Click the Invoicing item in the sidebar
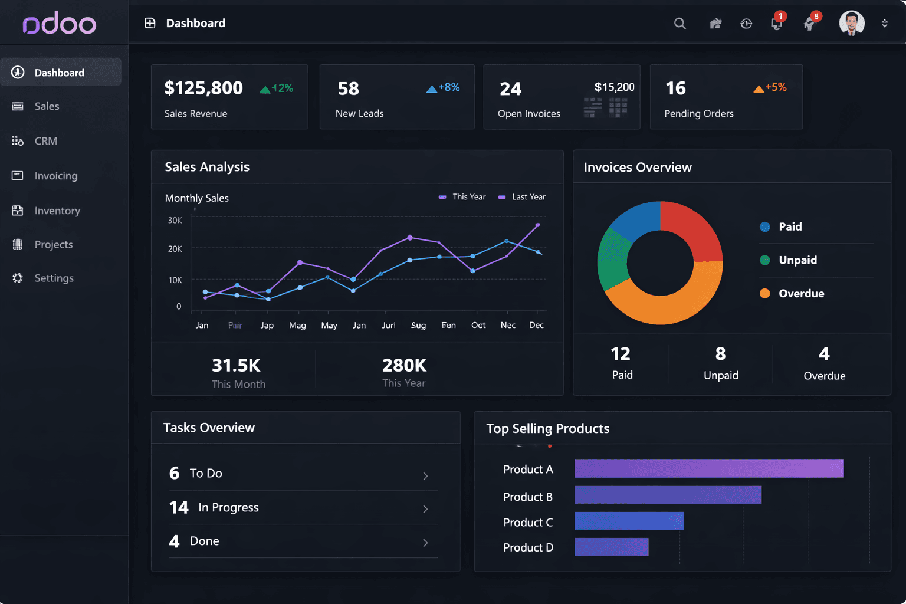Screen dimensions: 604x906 pos(55,176)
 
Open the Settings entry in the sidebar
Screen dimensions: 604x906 pos(53,278)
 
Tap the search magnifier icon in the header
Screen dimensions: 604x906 pos(679,24)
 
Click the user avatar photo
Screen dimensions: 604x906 pos(851,23)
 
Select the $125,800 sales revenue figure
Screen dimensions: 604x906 pos(203,88)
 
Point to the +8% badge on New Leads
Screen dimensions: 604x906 pos(443,87)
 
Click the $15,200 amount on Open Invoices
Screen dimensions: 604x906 pos(614,87)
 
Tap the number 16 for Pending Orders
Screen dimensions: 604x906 pos(675,88)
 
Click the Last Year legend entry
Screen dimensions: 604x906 pos(522,197)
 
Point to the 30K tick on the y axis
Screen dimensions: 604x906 pos(175,220)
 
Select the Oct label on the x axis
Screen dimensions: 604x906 pos(478,325)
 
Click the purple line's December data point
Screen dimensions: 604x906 pos(537,225)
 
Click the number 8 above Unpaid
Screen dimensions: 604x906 pos(720,353)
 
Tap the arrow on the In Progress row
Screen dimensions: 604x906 pos(425,509)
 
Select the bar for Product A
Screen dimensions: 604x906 pos(708,469)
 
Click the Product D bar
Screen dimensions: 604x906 pos(611,547)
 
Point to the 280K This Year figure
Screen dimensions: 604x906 pos(404,365)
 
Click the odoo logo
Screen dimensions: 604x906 pos(59,24)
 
